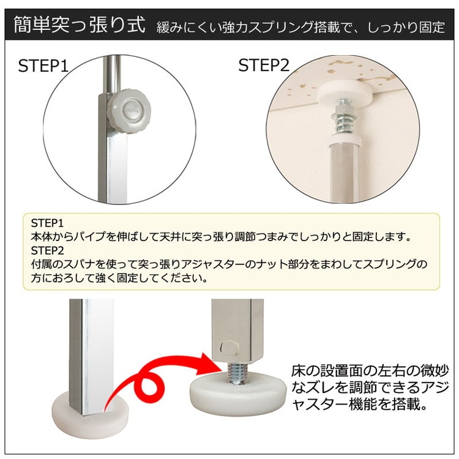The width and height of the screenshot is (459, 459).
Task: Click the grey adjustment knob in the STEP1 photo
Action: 129,111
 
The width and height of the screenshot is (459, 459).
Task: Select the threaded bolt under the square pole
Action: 237,373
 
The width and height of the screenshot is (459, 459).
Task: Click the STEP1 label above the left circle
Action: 43,66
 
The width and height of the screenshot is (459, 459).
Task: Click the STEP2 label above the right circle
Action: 263,65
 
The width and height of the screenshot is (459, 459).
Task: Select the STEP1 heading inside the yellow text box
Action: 47,223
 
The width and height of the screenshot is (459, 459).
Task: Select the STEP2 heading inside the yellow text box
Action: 47,250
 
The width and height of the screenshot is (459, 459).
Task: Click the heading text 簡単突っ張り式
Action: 80,24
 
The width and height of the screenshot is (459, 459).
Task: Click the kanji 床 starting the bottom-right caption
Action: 299,371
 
